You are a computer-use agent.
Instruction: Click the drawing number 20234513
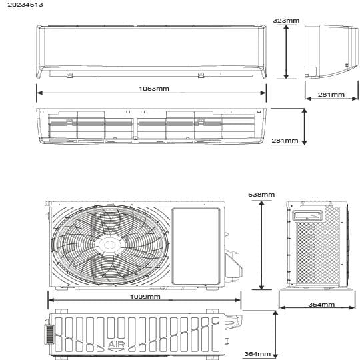[25, 5]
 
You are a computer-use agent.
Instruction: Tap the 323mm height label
[286, 21]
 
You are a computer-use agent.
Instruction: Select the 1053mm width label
[154, 89]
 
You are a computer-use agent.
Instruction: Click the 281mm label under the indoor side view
[331, 95]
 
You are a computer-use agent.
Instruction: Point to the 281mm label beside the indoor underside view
[285, 140]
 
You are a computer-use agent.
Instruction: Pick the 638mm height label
[261, 195]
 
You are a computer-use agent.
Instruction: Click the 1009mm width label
[145, 297]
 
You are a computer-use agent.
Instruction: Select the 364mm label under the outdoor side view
[321, 305]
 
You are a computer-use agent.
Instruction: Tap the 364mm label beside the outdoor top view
[257, 354]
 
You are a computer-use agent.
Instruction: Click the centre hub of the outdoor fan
[110, 245]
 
